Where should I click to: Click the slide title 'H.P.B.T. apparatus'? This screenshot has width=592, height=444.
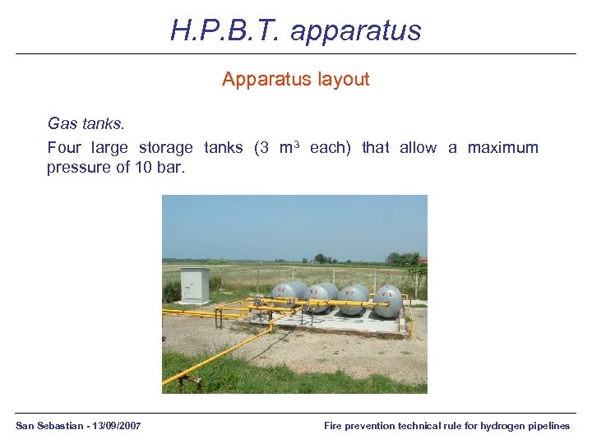pos(296,30)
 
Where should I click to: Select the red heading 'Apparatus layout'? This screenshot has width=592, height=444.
pos(296,80)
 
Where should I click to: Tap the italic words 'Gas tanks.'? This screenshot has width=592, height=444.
pos(86,124)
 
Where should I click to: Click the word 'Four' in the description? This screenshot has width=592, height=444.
pos(64,148)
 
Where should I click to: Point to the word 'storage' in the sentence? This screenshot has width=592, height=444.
pos(165,148)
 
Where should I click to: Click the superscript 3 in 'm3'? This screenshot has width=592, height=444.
pos(298,145)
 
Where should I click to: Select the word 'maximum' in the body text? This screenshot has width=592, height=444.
pos(503,148)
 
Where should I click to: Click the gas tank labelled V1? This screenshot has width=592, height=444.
pos(389,300)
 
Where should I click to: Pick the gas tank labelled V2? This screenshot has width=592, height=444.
pos(353,298)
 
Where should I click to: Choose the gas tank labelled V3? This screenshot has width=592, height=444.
pos(317,297)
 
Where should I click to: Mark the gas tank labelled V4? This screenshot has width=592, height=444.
pos(284,293)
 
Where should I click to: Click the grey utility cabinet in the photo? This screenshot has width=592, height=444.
pos(194,284)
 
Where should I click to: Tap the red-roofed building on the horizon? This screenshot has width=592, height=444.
pos(423,261)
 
